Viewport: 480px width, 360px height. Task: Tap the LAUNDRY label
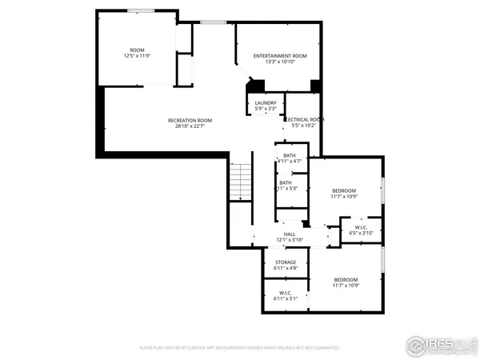pos(266,102)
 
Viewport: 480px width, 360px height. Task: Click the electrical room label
pos(304,119)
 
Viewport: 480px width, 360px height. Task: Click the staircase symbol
pos(241,182)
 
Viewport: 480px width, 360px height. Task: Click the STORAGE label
pos(286,262)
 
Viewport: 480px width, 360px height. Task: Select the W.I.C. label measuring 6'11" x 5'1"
pos(286,293)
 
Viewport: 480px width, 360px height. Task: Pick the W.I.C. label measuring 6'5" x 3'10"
pos(361,228)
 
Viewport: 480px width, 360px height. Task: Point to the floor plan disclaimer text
pos(239,348)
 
